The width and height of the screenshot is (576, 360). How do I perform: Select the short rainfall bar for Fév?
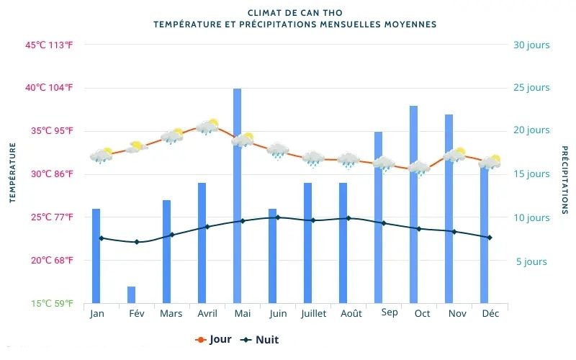tap(131, 295)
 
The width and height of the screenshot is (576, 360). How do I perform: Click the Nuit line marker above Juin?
tap(278, 217)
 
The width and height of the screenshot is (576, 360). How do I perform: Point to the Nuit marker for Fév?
tap(136, 242)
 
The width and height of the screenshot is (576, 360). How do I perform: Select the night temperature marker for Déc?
tap(490, 238)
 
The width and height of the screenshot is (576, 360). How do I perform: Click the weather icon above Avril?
tap(207, 127)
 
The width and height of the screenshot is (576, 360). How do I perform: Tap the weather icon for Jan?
tap(102, 156)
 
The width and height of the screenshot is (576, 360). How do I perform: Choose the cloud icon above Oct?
tap(419, 168)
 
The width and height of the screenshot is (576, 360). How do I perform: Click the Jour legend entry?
tap(213, 340)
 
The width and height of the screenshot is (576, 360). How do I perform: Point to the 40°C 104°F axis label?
tap(50, 88)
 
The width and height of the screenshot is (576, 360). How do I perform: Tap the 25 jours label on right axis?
tap(531, 88)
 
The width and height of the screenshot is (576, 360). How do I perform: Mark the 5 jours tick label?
tap(531, 261)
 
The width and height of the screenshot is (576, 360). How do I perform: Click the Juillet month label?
tap(313, 314)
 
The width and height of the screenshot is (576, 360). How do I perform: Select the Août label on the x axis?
tap(351, 314)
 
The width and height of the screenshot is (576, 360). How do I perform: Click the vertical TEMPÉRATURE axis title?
tap(12, 173)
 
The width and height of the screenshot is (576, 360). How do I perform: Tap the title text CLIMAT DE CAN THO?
tap(294, 13)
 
